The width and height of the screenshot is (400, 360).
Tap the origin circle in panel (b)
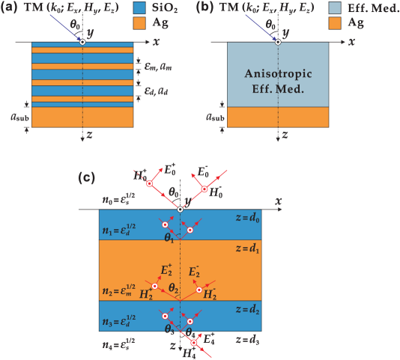click(278, 41)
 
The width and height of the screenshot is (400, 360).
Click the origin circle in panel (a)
click(82, 41)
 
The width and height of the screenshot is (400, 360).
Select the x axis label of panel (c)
click(277, 201)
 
